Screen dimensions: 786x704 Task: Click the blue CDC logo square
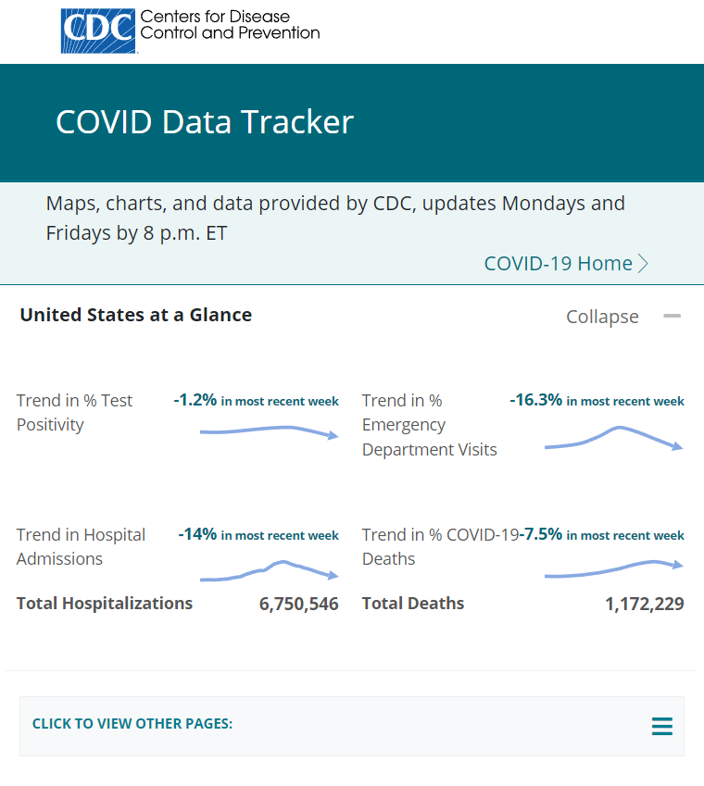[97, 31]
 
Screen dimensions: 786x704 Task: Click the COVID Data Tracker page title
[204, 122]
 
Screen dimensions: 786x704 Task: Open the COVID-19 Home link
[558, 263]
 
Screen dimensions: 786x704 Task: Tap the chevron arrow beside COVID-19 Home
[644, 264]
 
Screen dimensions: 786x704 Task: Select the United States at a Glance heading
[135, 315]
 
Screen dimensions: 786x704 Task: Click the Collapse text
[602, 317]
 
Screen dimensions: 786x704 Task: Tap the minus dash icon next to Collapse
[672, 316]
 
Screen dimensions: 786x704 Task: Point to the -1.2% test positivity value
[195, 400]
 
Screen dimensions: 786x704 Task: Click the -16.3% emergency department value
[535, 400]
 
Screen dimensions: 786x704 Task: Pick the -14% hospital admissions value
[197, 534]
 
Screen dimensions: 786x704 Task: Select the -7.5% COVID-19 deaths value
[541, 534]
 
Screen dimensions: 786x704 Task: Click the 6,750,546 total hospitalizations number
[298, 604]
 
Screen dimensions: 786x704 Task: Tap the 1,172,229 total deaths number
[644, 604]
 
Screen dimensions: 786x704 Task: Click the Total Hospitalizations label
[105, 604]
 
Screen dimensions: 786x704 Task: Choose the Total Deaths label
[412, 604]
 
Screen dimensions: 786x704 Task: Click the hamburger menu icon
[661, 726]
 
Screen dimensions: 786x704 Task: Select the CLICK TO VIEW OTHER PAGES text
[132, 724]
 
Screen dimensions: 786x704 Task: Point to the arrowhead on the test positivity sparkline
[334, 435]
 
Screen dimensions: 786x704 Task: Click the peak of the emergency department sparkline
[618, 428]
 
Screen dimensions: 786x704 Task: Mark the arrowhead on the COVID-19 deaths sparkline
[679, 565]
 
